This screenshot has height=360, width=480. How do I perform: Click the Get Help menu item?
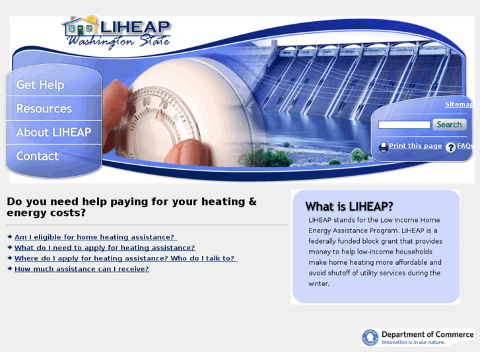(x=40, y=85)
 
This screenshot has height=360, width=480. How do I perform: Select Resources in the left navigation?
(x=44, y=108)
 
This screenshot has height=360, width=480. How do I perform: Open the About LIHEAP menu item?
(x=53, y=132)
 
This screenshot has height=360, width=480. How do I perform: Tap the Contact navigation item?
(x=38, y=156)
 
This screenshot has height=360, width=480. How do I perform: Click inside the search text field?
(x=404, y=125)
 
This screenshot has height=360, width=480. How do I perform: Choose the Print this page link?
(x=415, y=146)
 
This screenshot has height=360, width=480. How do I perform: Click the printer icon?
(x=383, y=147)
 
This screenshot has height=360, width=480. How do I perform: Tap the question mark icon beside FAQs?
(x=450, y=147)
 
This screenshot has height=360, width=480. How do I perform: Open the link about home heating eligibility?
(x=95, y=237)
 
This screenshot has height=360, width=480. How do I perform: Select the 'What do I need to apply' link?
(x=104, y=248)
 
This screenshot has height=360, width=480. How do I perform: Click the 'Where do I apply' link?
(x=125, y=258)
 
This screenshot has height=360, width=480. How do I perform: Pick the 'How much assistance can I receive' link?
(x=82, y=269)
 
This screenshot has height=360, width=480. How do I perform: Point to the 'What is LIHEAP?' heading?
(x=349, y=206)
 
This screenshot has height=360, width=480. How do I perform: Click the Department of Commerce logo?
(x=418, y=338)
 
